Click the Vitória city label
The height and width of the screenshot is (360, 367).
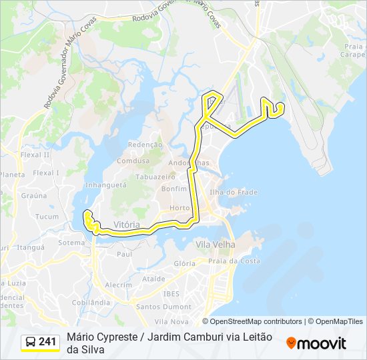[127, 225]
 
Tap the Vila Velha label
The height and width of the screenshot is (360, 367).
[215, 245]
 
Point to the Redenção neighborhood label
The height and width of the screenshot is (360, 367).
[145, 144]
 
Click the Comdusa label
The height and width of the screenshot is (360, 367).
[133, 161]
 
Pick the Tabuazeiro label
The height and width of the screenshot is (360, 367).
[150, 177]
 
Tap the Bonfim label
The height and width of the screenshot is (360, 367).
[174, 189]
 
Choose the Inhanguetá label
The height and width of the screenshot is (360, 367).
[106, 184]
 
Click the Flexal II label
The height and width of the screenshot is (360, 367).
[35, 155]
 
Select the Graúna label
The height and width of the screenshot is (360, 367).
[33, 195]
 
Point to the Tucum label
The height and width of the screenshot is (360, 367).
[47, 217]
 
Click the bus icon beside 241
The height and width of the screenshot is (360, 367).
[31, 342]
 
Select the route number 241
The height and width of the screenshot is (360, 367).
[47, 342]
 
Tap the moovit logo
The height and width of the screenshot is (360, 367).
[316, 343]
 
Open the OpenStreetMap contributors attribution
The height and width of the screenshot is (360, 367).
[256, 321]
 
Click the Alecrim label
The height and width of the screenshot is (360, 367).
[118, 285]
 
